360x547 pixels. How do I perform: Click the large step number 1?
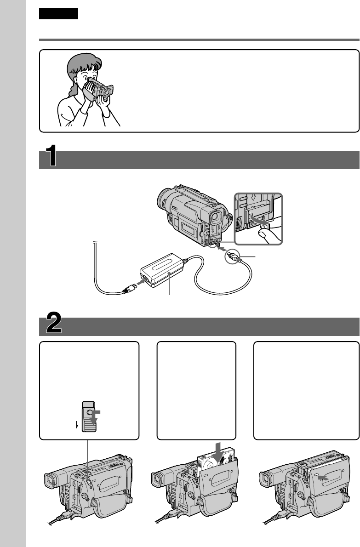pyautogui.click(x=51, y=155)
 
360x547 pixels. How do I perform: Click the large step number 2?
pyautogui.click(x=54, y=323)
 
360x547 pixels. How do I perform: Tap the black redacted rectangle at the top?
pyautogui.click(x=58, y=14)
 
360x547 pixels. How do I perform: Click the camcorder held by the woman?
pyautogui.click(x=100, y=88)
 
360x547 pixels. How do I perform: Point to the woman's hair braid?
pyautogui.click(x=73, y=89)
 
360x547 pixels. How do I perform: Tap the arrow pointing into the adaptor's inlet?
pyautogui.click(x=139, y=281)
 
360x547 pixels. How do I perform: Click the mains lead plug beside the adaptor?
pyautogui.click(x=129, y=288)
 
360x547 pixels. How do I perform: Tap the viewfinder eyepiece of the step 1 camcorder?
pyautogui.click(x=216, y=217)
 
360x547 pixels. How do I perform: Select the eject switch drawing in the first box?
pyautogui.click(x=89, y=416)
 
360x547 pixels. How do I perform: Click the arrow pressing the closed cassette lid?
pyautogui.click(x=323, y=479)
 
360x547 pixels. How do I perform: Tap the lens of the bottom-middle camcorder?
pyautogui.click(x=157, y=480)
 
